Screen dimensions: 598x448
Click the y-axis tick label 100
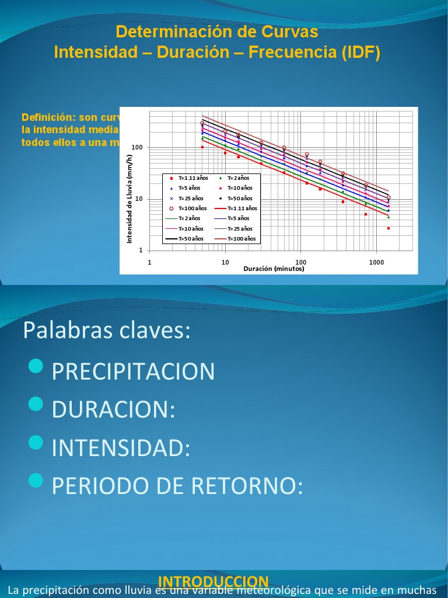pyautogui.click(x=137, y=148)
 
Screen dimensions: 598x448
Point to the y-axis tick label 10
pyautogui.click(x=139, y=199)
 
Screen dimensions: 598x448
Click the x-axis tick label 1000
pyautogui.click(x=376, y=262)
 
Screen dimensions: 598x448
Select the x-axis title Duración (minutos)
pyautogui.click(x=274, y=269)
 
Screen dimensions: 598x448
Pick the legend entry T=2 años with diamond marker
pyautogui.click(x=238, y=178)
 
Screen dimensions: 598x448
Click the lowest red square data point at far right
pyautogui.click(x=388, y=228)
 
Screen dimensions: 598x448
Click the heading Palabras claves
pyautogui.click(x=107, y=331)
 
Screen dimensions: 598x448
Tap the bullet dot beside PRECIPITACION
pyautogui.click(x=36, y=366)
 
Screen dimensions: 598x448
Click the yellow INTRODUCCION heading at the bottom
pyautogui.click(x=213, y=581)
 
